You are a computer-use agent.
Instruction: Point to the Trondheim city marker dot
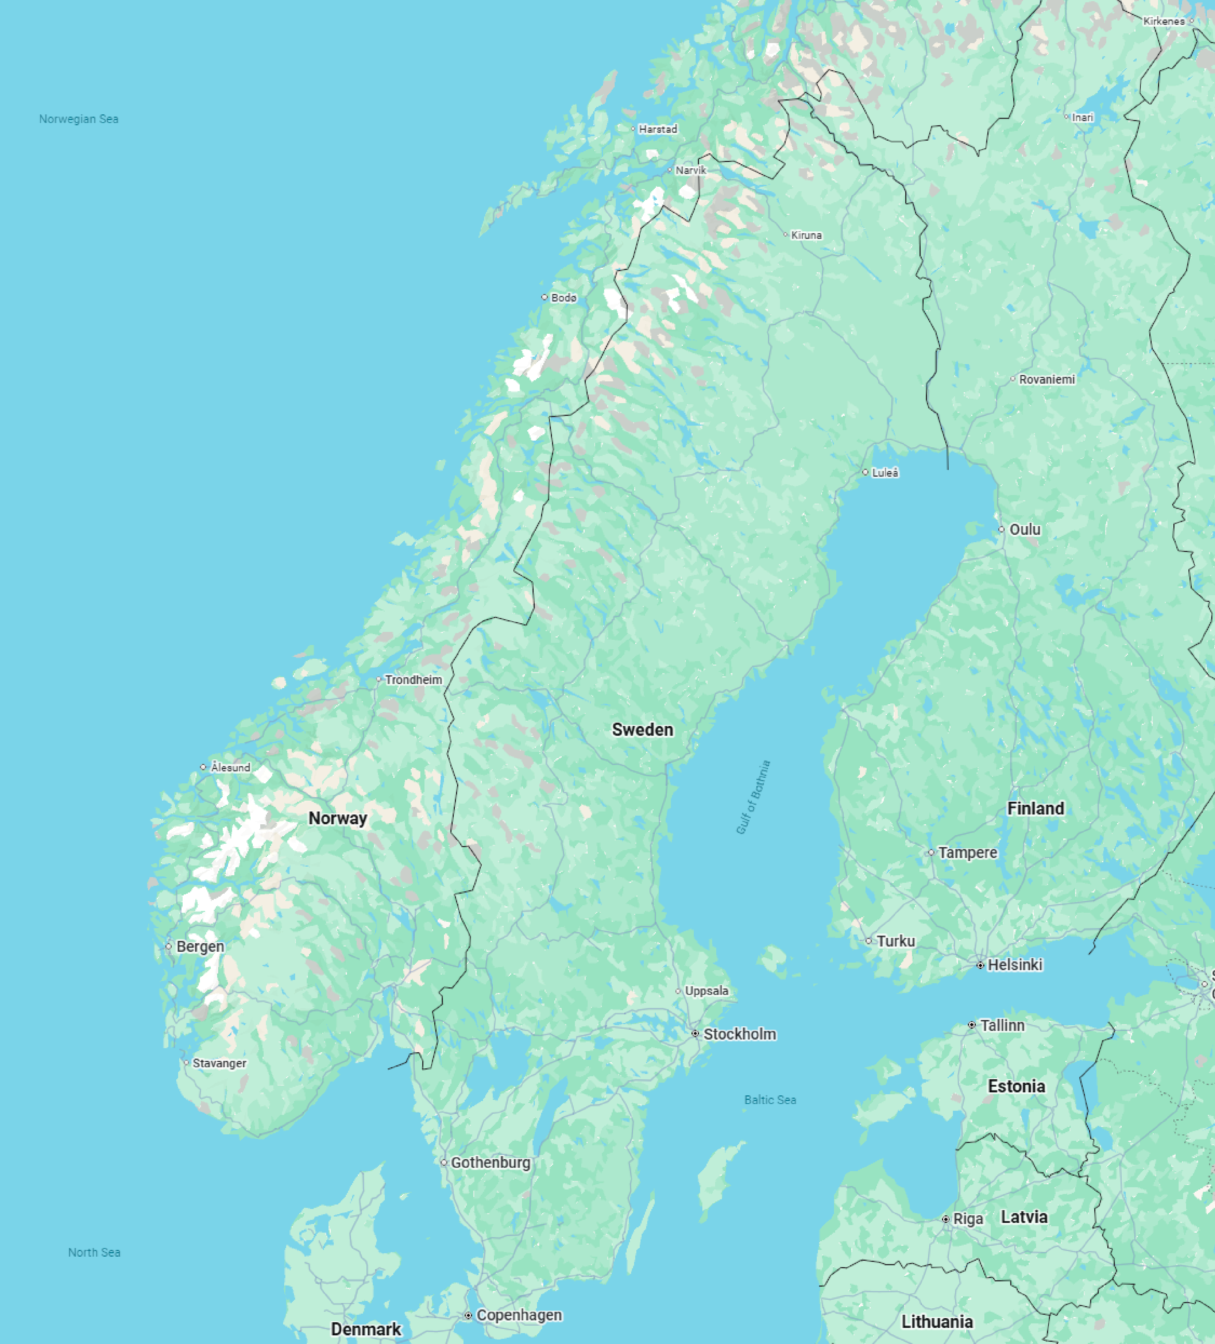coord(379,679)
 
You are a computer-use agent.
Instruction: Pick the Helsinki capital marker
coord(980,964)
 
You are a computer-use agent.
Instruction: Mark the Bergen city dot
coord(169,946)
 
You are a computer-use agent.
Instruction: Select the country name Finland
coord(1035,808)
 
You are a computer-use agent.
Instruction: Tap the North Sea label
coord(94,1252)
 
